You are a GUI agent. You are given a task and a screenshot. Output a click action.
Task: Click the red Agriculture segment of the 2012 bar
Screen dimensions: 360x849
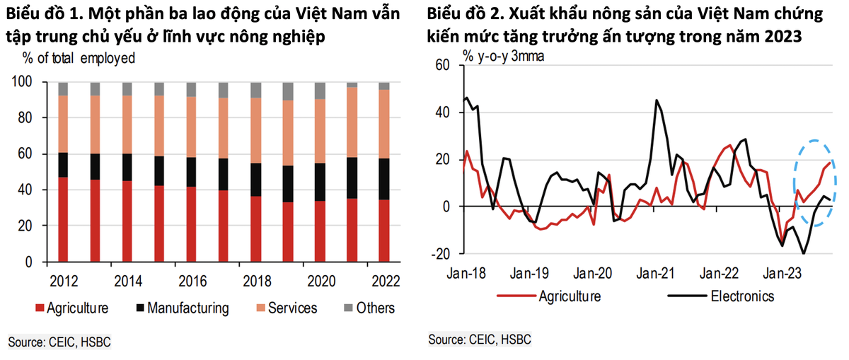[63, 219]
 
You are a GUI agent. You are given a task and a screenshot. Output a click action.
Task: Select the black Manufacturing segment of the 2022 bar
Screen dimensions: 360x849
[384, 179]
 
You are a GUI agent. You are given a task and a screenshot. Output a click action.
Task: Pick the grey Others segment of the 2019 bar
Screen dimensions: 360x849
[287, 91]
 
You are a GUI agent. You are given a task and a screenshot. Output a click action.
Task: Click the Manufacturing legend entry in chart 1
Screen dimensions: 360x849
[183, 308]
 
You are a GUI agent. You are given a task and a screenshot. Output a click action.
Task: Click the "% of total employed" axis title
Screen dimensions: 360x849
[79, 59]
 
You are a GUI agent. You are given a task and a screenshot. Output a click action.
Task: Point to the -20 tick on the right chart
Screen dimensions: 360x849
[441, 253]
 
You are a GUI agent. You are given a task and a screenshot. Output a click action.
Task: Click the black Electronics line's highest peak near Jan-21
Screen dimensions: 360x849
[657, 100]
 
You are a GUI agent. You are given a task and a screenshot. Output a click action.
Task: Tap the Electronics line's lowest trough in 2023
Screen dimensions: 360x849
[804, 253]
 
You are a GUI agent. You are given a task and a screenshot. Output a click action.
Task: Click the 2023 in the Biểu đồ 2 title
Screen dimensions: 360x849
[783, 37]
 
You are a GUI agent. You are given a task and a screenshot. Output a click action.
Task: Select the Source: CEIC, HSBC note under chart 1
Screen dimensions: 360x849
[59, 342]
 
